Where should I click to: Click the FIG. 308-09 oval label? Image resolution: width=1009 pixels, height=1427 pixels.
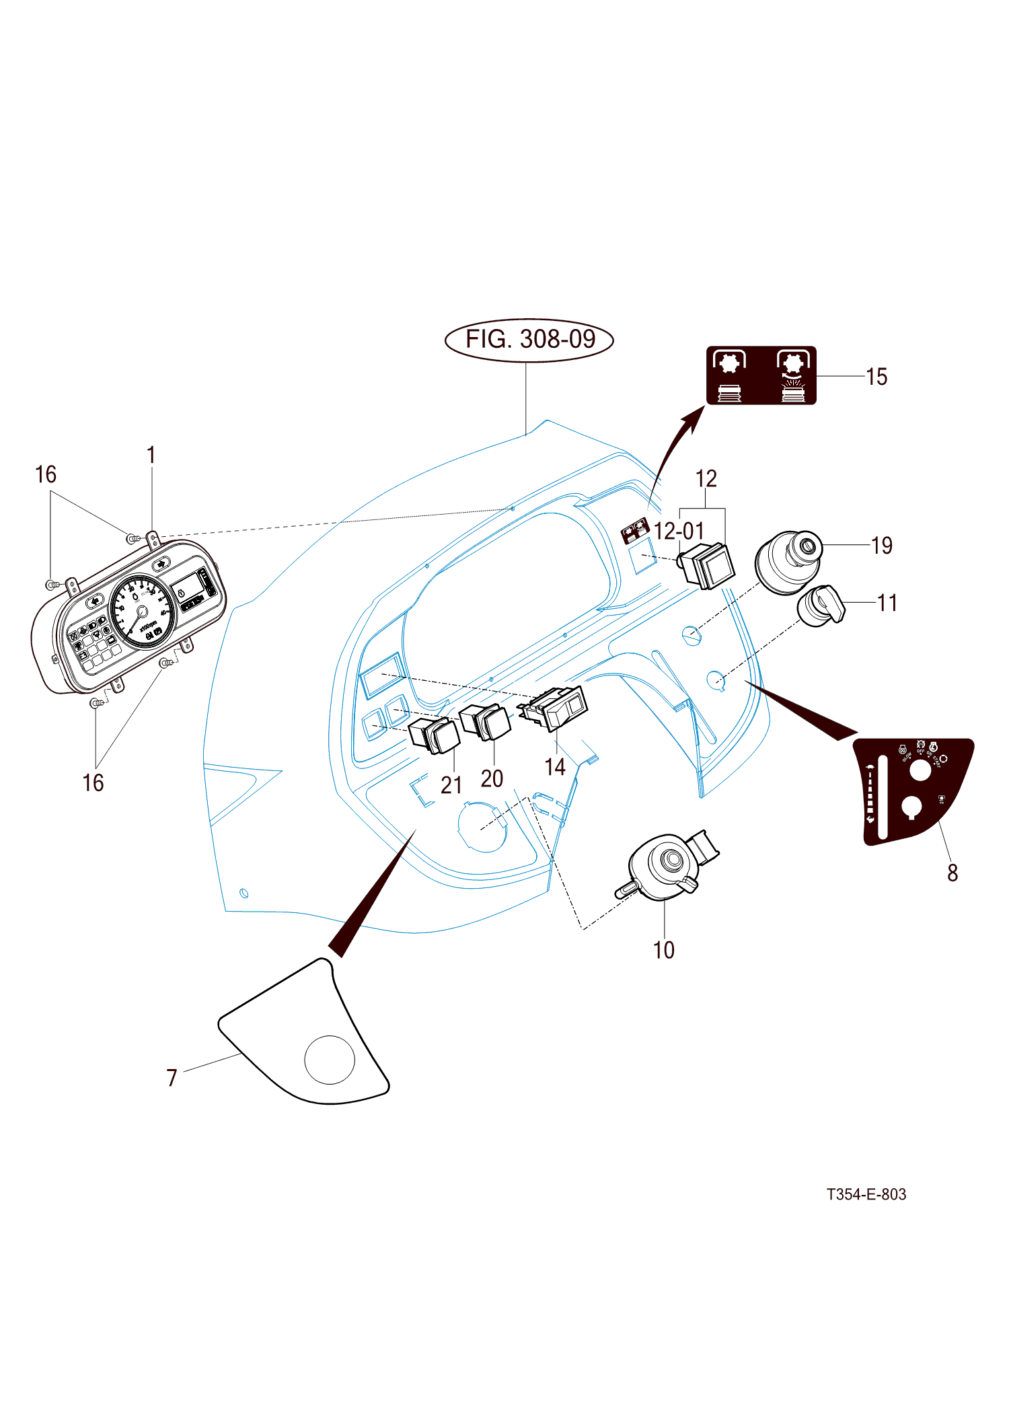529,340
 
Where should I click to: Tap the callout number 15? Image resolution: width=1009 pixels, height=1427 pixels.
876,377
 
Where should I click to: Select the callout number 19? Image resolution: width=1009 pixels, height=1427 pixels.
881,546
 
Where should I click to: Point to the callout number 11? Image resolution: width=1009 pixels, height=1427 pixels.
887,603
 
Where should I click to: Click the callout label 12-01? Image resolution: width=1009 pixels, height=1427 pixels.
679,532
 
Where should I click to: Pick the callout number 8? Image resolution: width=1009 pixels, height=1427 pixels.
952,873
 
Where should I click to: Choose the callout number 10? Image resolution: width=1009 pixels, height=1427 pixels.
664,950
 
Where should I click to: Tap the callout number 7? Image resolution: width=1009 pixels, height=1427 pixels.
172,1078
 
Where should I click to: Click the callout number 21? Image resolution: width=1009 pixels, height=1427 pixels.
451,785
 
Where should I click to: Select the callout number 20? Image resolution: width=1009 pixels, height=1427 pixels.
492,778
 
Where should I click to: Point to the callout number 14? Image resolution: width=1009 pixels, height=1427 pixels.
555,767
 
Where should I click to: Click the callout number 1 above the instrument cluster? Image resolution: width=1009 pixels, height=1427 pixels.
151,455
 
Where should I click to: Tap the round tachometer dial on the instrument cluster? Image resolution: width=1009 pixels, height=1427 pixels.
142,612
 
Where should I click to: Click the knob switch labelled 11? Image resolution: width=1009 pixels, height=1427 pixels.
821,606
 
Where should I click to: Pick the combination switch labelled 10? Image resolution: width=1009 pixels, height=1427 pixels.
666,867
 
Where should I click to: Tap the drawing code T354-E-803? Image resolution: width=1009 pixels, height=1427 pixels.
866,1194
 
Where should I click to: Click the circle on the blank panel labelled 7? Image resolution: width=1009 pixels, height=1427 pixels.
330,1060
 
